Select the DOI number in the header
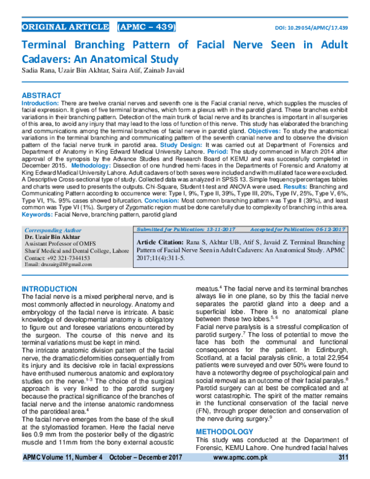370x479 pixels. pos(314,28)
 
